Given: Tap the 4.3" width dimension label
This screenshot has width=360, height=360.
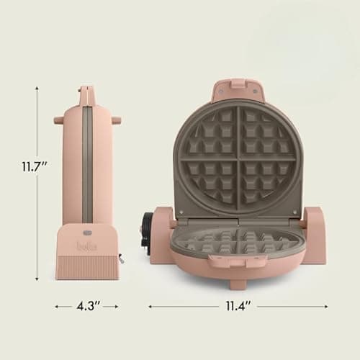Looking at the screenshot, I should (86, 306).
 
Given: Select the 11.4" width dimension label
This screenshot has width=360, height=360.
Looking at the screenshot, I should (238, 306).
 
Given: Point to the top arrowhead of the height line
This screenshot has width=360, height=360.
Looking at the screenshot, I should (37, 89).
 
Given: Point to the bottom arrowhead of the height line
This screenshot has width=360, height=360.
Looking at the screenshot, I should (37, 278).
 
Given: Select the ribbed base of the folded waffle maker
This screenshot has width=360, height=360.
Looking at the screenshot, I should (86, 266).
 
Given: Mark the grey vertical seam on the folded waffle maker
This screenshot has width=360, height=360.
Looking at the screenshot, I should (86, 166).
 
